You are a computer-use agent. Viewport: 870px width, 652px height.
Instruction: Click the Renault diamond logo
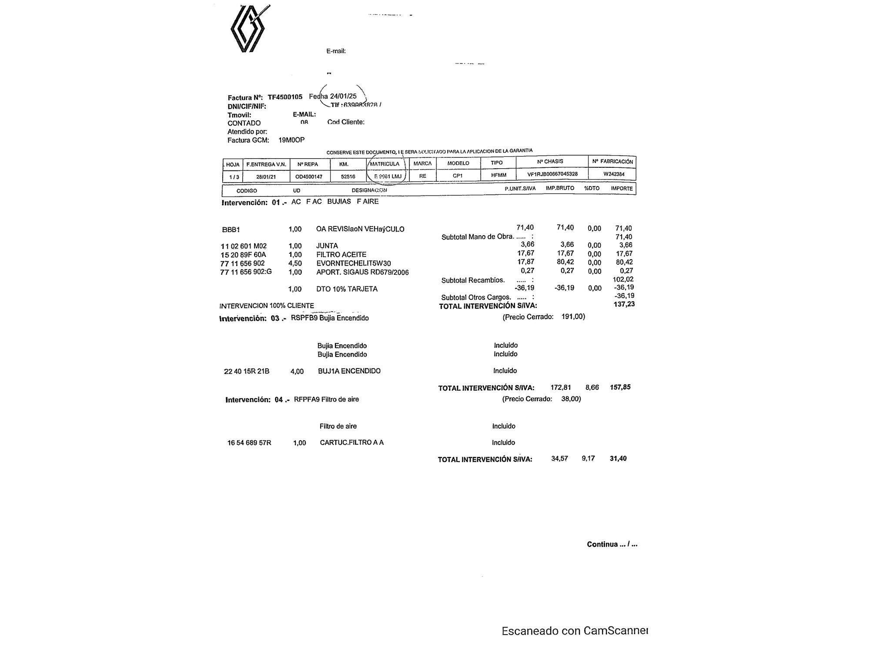[x=248, y=30]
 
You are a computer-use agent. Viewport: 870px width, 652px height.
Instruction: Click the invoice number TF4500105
[x=285, y=97]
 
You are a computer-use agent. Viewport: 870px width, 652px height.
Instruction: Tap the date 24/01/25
[x=343, y=96]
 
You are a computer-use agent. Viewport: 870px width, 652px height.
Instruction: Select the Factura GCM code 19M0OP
[x=291, y=140]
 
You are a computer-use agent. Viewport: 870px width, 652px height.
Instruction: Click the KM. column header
[x=344, y=164]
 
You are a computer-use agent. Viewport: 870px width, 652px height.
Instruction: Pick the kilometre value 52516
[x=348, y=176]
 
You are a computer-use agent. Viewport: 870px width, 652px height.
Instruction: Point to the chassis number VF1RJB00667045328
[x=552, y=174]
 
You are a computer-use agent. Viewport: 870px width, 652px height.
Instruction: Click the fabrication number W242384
[x=614, y=174]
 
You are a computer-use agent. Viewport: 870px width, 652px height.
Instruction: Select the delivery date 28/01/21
[x=266, y=177]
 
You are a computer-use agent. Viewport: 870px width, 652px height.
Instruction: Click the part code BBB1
[x=231, y=230]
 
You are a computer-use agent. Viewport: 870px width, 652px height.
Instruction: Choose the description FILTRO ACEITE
[x=341, y=255]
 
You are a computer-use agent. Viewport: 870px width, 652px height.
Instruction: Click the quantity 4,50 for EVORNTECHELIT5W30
[x=295, y=263]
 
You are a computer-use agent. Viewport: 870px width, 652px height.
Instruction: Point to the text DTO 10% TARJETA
[x=347, y=289]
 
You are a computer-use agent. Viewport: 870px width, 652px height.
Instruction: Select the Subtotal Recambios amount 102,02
[x=623, y=279]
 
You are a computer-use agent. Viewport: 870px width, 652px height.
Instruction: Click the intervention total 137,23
[x=624, y=304]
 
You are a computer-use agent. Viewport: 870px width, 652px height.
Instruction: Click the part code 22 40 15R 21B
[x=247, y=371]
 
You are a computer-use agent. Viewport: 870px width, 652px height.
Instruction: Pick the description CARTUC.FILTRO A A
[x=351, y=442]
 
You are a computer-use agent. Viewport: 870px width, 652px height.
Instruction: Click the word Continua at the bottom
[x=602, y=544]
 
